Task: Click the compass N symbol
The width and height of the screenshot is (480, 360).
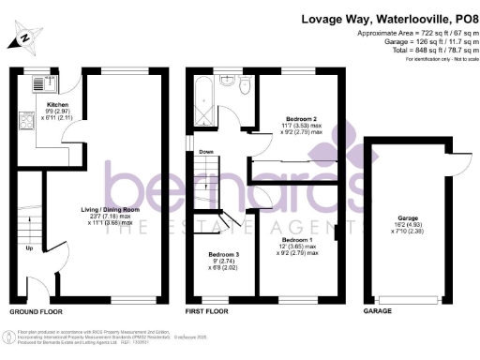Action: pos(23,38)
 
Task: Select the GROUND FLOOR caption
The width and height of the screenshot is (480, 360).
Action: pos(36,310)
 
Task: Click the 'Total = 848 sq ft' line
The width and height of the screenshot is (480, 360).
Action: pos(413,49)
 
